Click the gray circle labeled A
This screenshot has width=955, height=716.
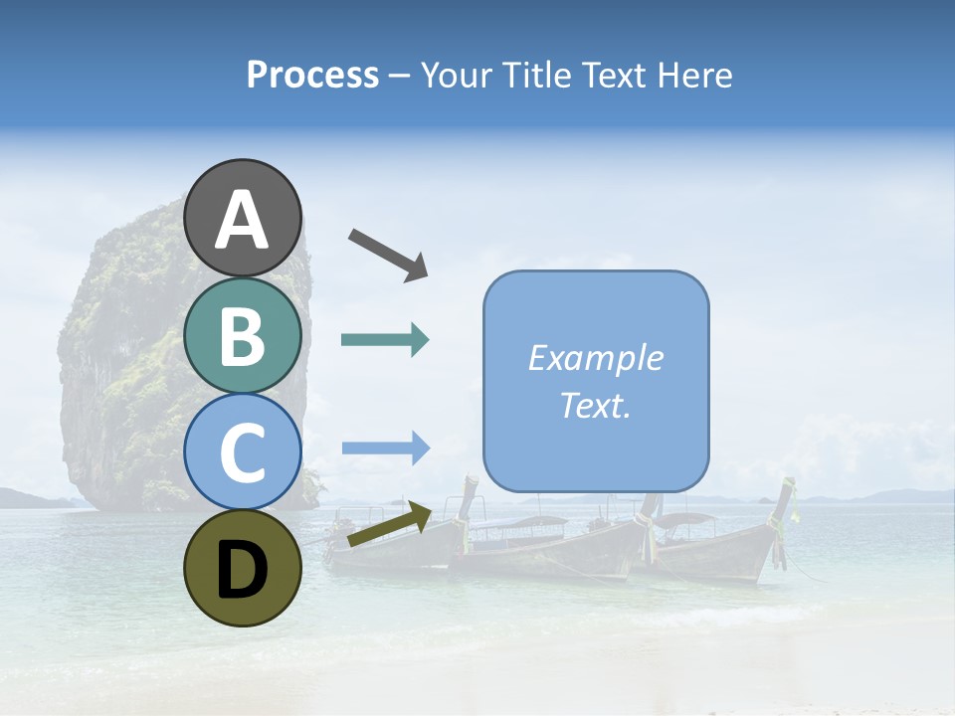[x=243, y=218]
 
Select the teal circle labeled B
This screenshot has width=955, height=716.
[x=243, y=337]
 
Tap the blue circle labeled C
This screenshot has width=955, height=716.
[x=243, y=451]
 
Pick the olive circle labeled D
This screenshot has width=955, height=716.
[x=243, y=568]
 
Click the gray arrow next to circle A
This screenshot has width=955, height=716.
[x=388, y=254]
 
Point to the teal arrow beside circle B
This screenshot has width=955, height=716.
[x=385, y=340]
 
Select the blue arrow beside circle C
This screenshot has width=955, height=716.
[x=385, y=447]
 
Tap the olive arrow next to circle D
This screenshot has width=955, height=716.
[x=389, y=526]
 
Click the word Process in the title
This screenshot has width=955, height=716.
[x=312, y=76]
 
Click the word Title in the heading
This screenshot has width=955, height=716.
[x=535, y=76]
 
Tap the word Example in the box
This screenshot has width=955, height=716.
[x=595, y=358]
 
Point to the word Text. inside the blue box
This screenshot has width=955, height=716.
[x=595, y=405]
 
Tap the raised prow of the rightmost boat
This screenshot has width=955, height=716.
[x=789, y=497]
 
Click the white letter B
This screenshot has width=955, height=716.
[x=243, y=337]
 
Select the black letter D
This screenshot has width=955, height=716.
[x=243, y=569]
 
